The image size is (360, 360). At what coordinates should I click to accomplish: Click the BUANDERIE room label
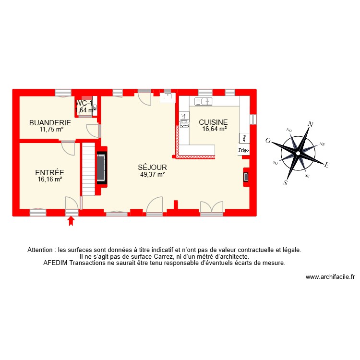[50, 122]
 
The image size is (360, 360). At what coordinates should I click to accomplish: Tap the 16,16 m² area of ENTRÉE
[50, 180]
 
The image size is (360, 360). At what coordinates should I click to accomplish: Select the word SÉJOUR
[152, 168]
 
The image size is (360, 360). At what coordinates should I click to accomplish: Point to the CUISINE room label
[213, 122]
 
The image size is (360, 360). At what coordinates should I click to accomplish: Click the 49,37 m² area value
[152, 174]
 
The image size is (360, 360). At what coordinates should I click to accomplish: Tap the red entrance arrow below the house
[72, 221]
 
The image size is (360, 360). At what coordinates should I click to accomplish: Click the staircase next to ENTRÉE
[88, 168]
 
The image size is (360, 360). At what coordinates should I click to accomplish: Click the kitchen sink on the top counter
[204, 101]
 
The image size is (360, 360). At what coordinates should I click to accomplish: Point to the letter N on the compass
[311, 124]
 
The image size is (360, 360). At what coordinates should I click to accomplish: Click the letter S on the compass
[285, 182]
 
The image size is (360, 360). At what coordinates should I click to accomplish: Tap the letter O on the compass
[268, 141]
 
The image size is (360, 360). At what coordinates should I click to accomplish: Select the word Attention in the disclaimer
[41, 250]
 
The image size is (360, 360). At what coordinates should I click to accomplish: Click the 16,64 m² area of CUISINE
[213, 129]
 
